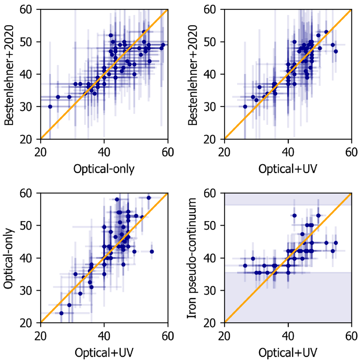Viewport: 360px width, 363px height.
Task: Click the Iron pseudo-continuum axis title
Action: [192, 258]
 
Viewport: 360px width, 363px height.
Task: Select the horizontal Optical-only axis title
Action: [104, 169]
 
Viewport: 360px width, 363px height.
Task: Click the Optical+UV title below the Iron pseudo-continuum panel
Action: [288, 353]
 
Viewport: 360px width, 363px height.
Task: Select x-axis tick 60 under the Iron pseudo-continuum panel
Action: [351, 336]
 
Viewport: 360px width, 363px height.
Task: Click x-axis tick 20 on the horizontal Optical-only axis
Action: [40, 152]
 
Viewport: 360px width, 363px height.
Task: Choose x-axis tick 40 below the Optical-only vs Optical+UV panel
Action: [104, 336]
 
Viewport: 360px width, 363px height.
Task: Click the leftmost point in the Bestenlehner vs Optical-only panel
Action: [50, 106]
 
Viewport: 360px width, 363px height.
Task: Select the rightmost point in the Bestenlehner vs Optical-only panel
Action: [163, 45]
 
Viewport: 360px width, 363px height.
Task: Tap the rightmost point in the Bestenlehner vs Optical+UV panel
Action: [336, 51]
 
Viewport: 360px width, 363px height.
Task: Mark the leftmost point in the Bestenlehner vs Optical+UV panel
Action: [245, 106]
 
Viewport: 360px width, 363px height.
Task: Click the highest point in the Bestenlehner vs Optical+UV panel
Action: [326, 32]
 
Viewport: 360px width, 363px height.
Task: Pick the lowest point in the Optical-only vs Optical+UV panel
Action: [61, 313]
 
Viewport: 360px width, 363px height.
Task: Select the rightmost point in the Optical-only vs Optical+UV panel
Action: [152, 251]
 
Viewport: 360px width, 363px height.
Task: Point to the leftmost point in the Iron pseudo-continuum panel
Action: [245, 266]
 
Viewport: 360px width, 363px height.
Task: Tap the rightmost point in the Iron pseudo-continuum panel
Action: [336, 243]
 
